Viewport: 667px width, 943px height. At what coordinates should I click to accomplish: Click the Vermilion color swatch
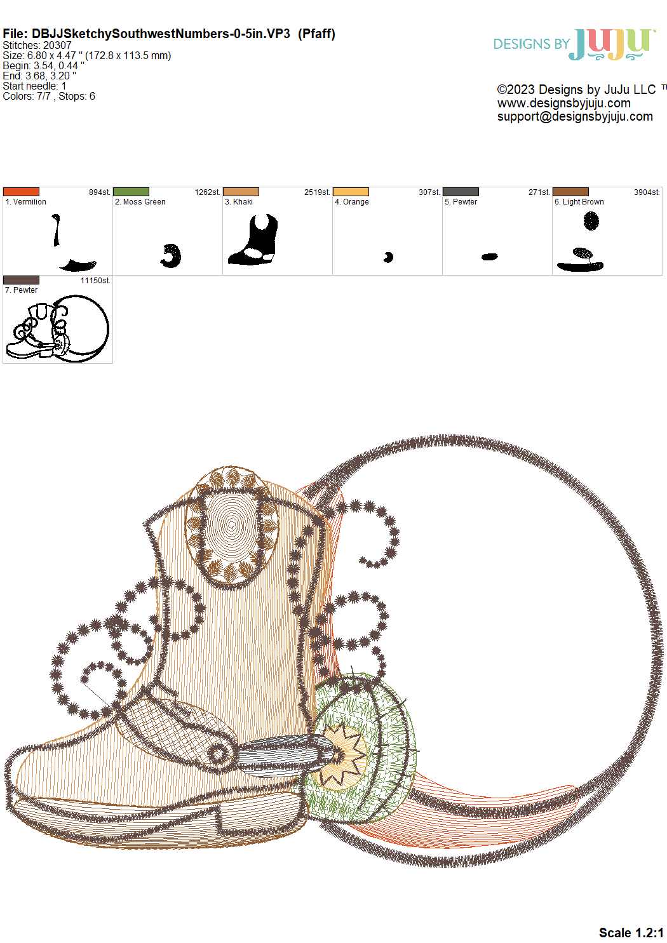(21, 192)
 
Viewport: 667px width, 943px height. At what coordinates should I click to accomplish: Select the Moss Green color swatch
(131, 192)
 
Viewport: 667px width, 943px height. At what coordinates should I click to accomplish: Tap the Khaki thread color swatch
(241, 192)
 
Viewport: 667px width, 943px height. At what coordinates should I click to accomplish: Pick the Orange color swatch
(351, 192)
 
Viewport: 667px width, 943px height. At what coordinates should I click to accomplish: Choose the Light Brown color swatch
(570, 192)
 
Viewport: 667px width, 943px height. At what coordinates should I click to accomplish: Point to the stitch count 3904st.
(647, 192)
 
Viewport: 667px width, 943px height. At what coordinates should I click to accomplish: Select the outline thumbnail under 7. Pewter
(57, 328)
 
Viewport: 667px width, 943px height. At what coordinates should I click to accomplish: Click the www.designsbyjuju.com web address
(563, 103)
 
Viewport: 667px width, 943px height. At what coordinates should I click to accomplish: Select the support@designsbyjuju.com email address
(574, 116)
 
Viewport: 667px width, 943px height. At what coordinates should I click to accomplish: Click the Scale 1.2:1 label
(631, 932)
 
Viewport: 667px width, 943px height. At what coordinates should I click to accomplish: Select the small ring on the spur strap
(217, 754)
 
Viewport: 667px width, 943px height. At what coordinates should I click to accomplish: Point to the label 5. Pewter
(461, 202)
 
